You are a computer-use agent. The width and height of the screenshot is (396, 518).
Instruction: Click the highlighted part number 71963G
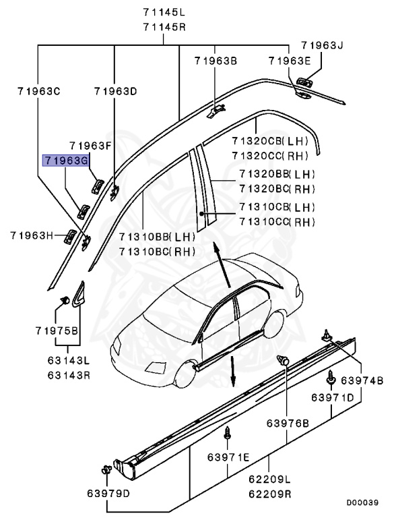coord(65,161)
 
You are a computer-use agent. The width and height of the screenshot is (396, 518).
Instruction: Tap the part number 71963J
coord(322,46)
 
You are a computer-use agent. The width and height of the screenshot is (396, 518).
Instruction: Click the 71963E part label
coord(290,61)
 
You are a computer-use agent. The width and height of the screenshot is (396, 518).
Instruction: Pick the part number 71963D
coord(115,90)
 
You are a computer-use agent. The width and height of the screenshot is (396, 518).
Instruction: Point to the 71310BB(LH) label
coord(157,237)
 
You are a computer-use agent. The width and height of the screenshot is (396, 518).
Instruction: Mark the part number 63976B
coord(287,423)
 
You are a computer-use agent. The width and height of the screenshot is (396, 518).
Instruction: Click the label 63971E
coord(228,459)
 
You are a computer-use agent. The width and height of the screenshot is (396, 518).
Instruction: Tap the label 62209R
coord(269,494)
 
